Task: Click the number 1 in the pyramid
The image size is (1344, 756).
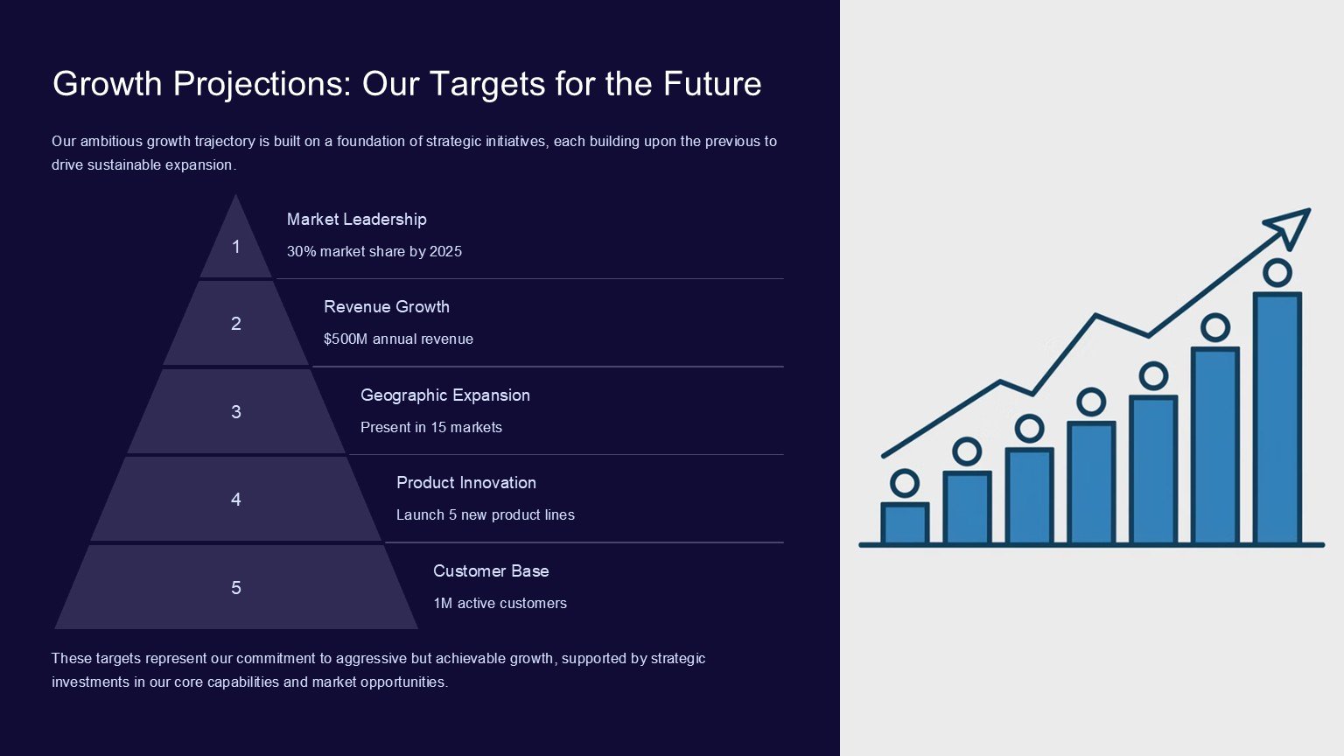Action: pyautogui.click(x=236, y=247)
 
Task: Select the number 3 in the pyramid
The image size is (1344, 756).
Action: pyautogui.click(x=236, y=411)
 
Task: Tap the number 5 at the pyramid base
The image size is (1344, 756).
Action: pyautogui.click(x=236, y=587)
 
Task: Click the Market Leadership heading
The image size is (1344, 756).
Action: pyautogui.click(x=356, y=220)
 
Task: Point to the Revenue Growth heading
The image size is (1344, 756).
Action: pyautogui.click(x=387, y=307)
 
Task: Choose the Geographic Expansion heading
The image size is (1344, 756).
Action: pyautogui.click(x=445, y=395)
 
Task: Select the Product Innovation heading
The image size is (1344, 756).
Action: pyautogui.click(x=466, y=483)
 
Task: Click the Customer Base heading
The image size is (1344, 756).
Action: pyautogui.click(x=491, y=571)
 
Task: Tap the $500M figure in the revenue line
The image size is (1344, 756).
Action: pyautogui.click(x=346, y=339)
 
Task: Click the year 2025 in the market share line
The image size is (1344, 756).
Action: pyautogui.click(x=445, y=251)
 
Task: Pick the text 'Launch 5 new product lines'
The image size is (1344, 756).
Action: pyautogui.click(x=486, y=514)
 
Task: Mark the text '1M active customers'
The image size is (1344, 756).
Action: pyautogui.click(x=500, y=603)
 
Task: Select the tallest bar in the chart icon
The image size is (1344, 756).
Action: pyautogui.click(x=1277, y=418)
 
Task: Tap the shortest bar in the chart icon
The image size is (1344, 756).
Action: pyautogui.click(x=905, y=523)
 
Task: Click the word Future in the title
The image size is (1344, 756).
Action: pyautogui.click(x=712, y=83)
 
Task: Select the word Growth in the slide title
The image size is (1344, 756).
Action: pyautogui.click(x=108, y=83)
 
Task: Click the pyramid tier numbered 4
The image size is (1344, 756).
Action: pyautogui.click(x=235, y=500)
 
